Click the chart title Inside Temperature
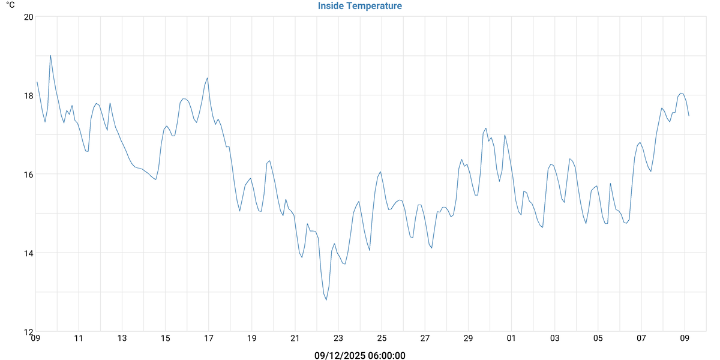[360, 6]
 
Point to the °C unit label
[10, 5]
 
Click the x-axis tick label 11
[79, 338]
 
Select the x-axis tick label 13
[122, 338]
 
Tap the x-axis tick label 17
[209, 338]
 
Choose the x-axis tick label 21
[295, 338]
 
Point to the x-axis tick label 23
[338, 338]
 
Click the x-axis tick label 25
[382, 338]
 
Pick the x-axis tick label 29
[468, 338]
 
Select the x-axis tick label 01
[512, 338]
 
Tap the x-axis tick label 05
[598, 338]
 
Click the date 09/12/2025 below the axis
[338, 355]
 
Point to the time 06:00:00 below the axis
[383, 355]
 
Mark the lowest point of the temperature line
[326, 300]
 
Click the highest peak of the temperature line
[50, 55]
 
